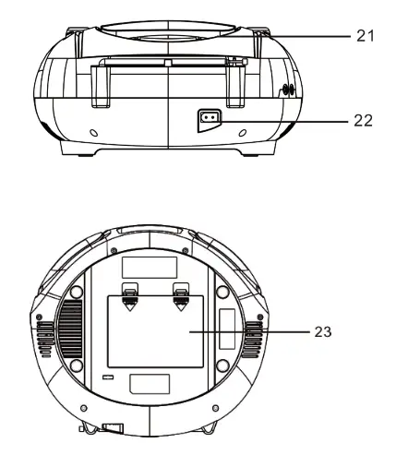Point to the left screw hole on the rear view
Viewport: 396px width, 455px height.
[93, 133]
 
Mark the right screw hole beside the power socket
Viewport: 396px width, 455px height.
[242, 133]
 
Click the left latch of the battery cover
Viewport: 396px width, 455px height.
[132, 296]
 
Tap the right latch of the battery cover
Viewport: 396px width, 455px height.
[181, 296]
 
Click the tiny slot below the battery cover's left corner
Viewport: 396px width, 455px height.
[109, 378]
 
